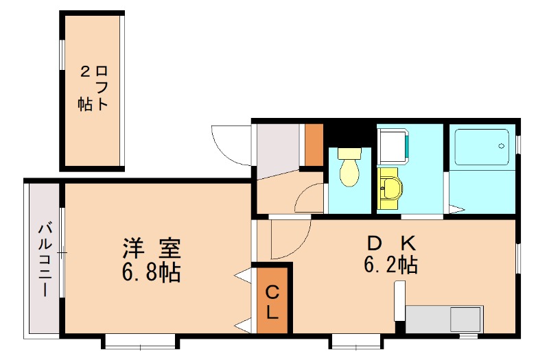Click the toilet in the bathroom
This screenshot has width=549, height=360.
click(349, 169)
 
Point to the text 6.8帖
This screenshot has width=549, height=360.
click(152, 272)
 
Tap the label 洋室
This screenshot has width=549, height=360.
click(152, 246)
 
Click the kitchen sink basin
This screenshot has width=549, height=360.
click(465, 320)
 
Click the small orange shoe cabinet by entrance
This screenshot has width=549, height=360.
click(314, 144)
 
